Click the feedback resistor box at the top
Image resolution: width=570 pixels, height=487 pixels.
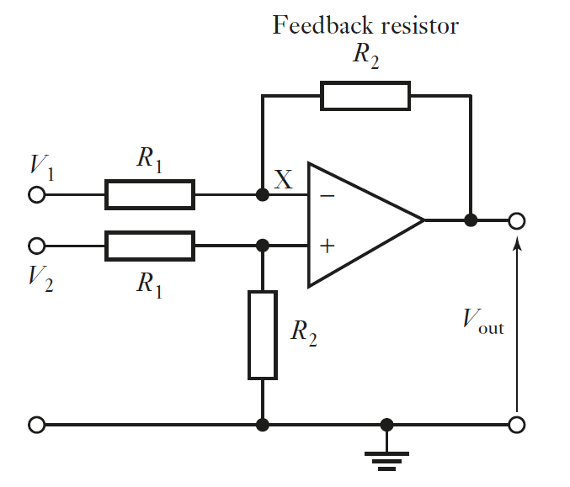[365, 96]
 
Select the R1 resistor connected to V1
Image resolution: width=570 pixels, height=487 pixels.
[150, 194]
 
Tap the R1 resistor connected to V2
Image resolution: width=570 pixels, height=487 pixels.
[150, 246]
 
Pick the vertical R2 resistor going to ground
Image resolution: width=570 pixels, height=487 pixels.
[263, 335]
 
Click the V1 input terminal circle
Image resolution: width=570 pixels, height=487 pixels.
[36, 195]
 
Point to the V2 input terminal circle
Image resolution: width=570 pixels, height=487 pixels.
[36, 246]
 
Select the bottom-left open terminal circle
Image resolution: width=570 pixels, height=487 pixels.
[36, 425]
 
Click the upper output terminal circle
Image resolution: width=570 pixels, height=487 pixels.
[517, 220]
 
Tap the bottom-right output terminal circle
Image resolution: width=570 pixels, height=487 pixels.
[517, 425]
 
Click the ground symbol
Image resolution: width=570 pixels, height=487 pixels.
[386, 455]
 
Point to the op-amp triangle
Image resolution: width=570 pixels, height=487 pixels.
[358, 221]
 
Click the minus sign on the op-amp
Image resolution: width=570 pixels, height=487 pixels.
[327, 196]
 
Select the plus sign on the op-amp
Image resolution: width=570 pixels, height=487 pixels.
[327, 246]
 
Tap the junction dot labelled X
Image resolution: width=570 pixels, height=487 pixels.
[263, 195]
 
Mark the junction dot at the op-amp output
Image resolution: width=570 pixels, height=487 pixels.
[471, 220]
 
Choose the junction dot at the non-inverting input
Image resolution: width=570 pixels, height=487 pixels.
[263, 246]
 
